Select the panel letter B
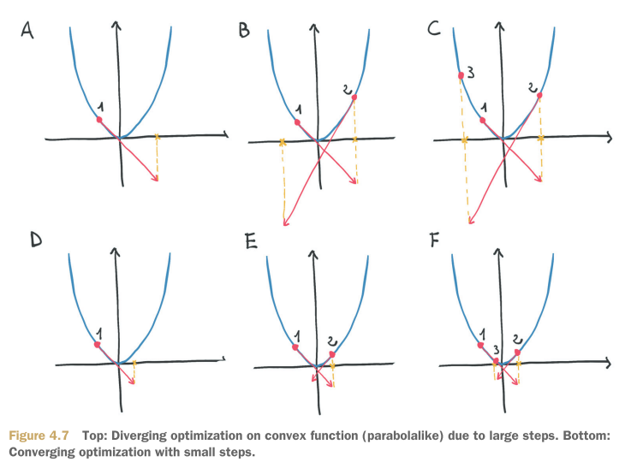coord(245,32)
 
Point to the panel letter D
coord(36,240)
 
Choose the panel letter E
coord(251,243)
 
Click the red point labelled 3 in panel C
coord(461,76)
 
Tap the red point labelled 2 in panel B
coord(354,98)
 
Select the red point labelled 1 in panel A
coord(99,120)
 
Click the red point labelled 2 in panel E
coord(331,353)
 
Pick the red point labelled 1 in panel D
coord(98,344)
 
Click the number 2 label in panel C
coord(533,86)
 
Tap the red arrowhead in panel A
coord(157,178)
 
